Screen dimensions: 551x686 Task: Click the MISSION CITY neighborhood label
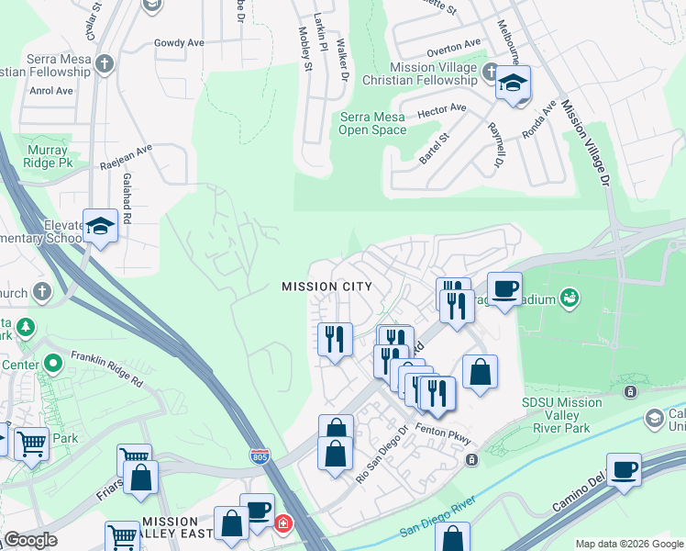(x=326, y=287)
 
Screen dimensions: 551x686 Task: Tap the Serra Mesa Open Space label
(x=372, y=123)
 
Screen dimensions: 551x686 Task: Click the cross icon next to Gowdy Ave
(x=105, y=64)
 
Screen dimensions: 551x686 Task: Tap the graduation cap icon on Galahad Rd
(x=99, y=226)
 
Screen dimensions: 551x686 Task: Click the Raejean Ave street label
(x=127, y=157)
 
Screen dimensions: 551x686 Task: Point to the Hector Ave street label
(x=442, y=109)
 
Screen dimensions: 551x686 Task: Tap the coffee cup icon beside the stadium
(x=504, y=288)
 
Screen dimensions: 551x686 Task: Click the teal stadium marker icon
(x=570, y=297)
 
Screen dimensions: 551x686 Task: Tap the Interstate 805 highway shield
(x=260, y=455)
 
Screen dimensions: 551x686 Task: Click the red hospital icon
(x=283, y=523)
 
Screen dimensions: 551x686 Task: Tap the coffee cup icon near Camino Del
(x=625, y=469)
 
